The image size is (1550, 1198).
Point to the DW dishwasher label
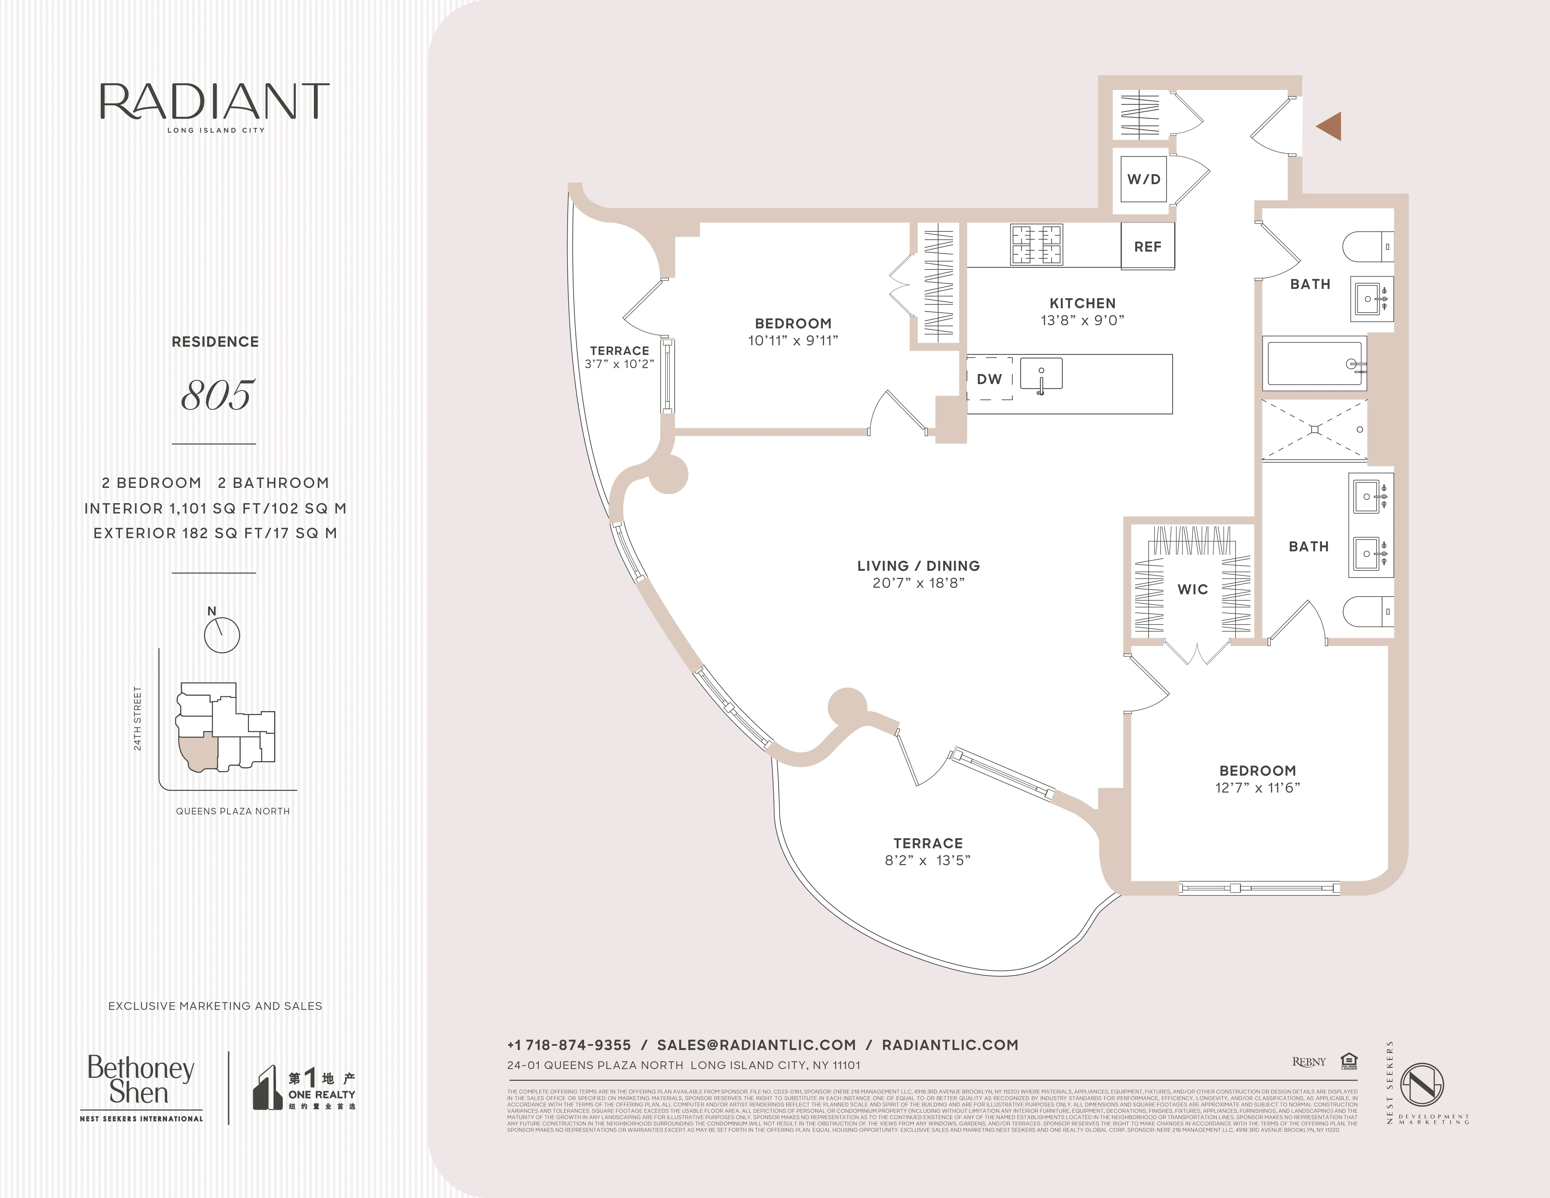point(989,379)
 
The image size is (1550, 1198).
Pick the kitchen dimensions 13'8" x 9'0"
point(1082,320)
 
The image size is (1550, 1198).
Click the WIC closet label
point(1192,589)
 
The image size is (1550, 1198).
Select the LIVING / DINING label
point(918,566)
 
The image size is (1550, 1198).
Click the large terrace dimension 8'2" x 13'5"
point(928,860)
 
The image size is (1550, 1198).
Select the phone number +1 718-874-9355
point(569,1045)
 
